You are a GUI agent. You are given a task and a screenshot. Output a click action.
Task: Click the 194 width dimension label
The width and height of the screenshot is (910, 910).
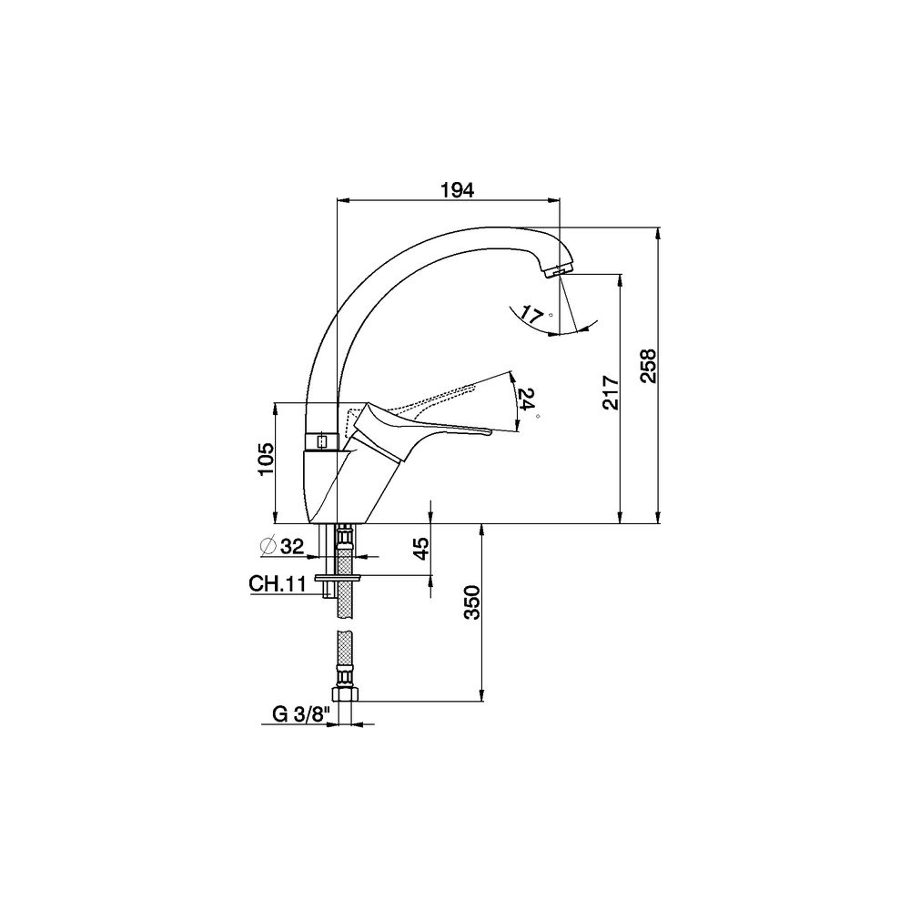[x=458, y=190]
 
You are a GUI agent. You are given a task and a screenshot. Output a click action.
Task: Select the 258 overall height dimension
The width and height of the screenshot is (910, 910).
[x=648, y=366]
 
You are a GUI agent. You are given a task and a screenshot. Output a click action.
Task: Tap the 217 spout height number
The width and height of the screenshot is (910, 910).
[x=611, y=393]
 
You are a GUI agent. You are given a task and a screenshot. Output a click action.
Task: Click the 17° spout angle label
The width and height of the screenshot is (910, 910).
[x=536, y=315]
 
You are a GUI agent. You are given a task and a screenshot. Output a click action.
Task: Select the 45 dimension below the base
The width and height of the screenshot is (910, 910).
[x=421, y=548]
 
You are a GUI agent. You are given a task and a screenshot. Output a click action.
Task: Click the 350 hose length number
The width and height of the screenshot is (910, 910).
[x=473, y=602]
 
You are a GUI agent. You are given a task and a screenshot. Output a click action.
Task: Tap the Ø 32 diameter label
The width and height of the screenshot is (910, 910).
[x=282, y=545]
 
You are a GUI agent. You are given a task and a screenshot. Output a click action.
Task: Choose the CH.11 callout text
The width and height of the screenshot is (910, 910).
[x=278, y=583]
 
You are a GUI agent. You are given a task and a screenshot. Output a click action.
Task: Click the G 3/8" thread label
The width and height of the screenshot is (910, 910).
[x=301, y=714]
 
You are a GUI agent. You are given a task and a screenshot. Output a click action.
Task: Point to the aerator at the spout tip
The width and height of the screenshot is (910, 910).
[x=559, y=271]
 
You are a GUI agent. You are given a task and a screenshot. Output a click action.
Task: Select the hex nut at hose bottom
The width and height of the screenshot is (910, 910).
[x=345, y=693]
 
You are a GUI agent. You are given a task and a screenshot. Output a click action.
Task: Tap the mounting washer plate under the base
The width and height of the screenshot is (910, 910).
[x=338, y=578]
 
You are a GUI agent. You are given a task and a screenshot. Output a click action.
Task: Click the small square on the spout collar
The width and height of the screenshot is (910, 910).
[x=322, y=441]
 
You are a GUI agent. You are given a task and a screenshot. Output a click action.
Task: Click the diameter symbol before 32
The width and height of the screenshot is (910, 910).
[x=268, y=545]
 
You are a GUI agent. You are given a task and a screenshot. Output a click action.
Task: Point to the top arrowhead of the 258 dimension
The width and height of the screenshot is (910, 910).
[x=658, y=232]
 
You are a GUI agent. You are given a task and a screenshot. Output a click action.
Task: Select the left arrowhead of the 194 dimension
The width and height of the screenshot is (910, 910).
[x=343, y=200]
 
